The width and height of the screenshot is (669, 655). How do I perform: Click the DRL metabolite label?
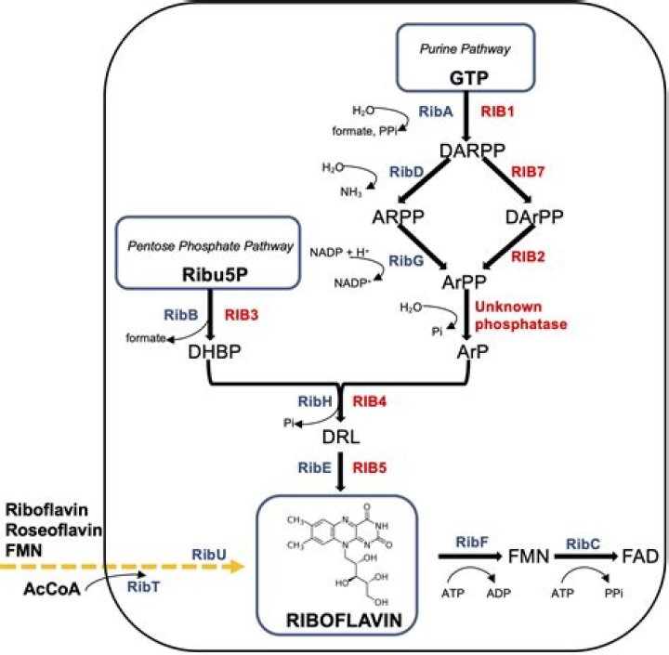click(x=343, y=436)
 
